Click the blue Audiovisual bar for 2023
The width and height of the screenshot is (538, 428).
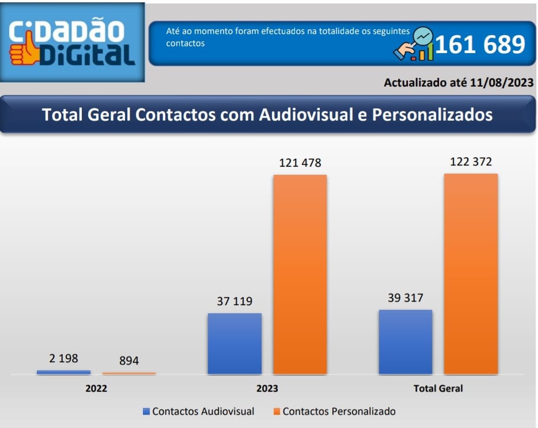coord(234,344)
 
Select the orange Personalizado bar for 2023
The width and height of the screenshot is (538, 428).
coord(300,275)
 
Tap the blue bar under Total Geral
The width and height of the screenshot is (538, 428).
coord(406,342)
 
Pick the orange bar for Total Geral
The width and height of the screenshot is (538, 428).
coord(471,274)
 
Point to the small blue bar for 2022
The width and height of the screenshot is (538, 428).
coord(63,373)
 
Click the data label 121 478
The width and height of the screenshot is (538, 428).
coord(300,163)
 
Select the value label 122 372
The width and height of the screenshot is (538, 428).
coord(471,162)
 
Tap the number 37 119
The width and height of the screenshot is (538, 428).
coord(234,301)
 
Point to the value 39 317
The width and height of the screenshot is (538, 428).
coord(405,298)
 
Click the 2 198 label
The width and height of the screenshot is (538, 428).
coord(63,359)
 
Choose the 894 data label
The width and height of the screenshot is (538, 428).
coord(129,361)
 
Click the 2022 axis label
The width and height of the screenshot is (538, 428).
coord(96,388)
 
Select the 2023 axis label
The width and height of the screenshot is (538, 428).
coord(267,388)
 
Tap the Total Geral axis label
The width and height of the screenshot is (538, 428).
coord(438,388)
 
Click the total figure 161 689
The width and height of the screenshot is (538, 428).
coord(479,44)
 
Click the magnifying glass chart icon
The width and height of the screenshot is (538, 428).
coord(415,45)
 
